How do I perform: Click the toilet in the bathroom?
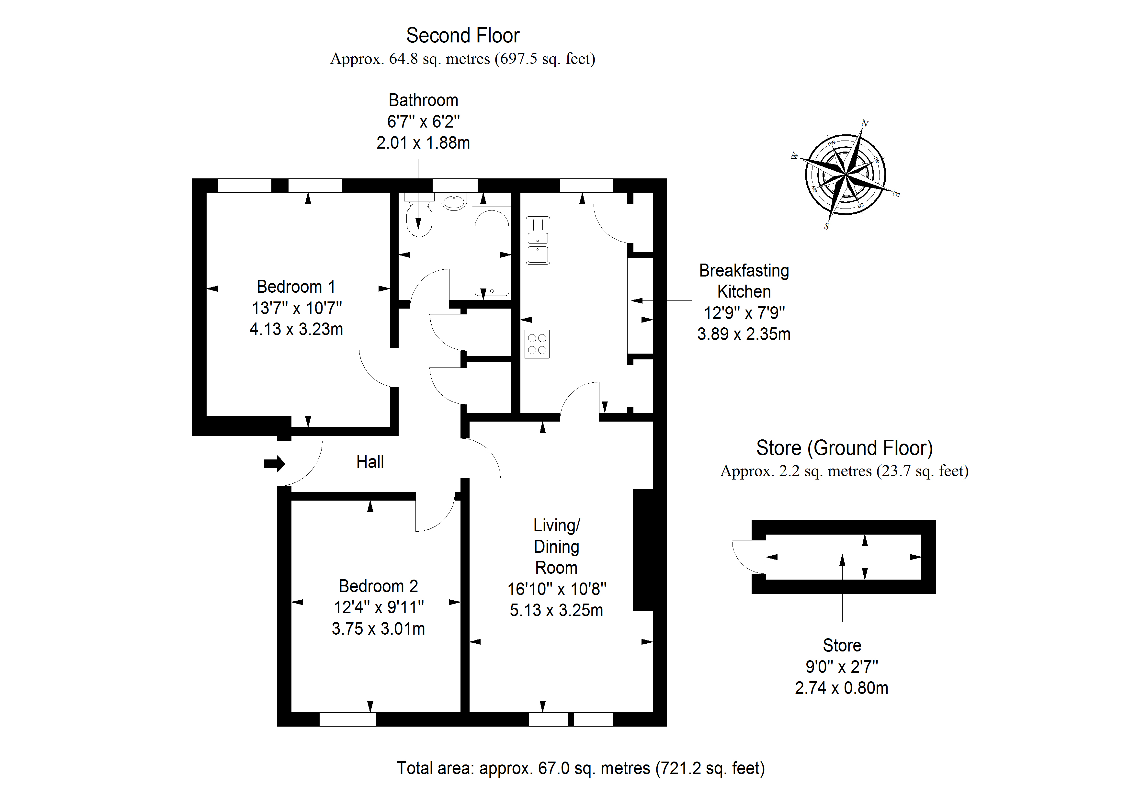click(419, 218)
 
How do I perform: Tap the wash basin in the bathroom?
click(453, 202)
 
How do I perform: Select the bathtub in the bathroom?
click(491, 253)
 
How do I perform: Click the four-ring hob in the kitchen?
click(537, 344)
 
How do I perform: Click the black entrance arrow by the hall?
click(274, 464)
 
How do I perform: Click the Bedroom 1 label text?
click(296, 287)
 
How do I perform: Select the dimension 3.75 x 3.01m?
click(378, 628)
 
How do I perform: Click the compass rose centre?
click(846, 175)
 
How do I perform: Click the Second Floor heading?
click(463, 36)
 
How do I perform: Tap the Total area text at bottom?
click(580, 768)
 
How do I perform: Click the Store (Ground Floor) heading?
click(844, 448)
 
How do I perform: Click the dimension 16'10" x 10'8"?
click(557, 589)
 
